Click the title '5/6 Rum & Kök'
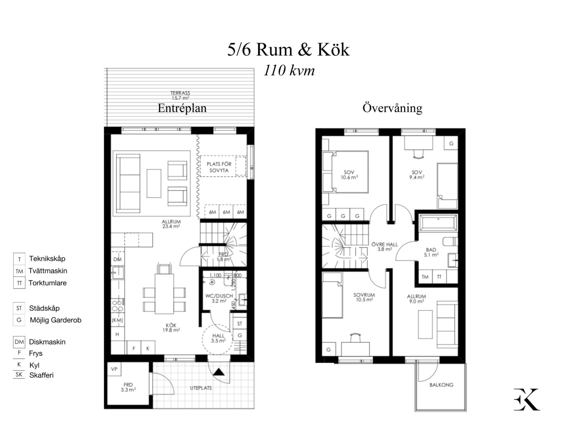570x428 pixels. coord(288,50)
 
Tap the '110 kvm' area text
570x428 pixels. coord(289,71)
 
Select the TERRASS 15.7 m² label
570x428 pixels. coord(180,95)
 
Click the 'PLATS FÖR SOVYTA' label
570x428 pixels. coord(219,167)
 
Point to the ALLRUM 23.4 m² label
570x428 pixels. coord(171,224)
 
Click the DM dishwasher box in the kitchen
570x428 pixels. coord(117,259)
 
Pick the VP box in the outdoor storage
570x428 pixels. coord(114,369)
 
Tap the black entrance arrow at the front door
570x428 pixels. coord(218,372)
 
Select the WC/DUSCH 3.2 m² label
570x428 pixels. coord(219,298)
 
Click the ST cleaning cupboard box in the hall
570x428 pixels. coord(239,323)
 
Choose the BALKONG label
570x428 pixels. coord(441,385)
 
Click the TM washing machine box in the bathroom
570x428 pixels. coord(425,277)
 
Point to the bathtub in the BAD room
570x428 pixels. coord(438,224)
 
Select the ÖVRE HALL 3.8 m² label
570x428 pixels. coord(384,247)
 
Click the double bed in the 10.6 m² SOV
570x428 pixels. coord(346,172)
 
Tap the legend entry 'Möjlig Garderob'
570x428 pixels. coord(55,320)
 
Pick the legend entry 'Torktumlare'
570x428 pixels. coord(47,283)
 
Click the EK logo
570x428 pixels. coord(527,399)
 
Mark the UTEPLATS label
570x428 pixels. coord(201,388)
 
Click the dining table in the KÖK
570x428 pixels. coord(164,294)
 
